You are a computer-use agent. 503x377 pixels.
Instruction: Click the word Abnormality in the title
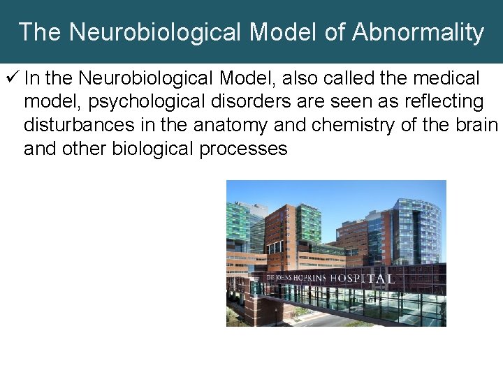418,32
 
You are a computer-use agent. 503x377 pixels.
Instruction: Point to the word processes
244,148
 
